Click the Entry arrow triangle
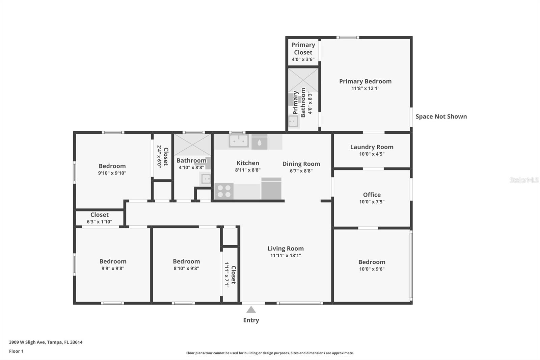pyautogui.click(x=251, y=310)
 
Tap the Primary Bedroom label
pyautogui.click(x=365, y=81)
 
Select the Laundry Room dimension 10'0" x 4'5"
pyautogui.click(x=372, y=154)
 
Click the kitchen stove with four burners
pyautogui.click(x=224, y=191)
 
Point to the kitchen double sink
pyautogui.click(x=239, y=141)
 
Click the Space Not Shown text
pyautogui.click(x=441, y=117)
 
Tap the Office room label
pyautogui.click(x=372, y=195)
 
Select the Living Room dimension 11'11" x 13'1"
pyautogui.click(x=286, y=256)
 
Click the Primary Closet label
pyautogui.click(x=303, y=49)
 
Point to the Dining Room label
pyautogui.click(x=301, y=164)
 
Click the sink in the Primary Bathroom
pyautogui.click(x=293, y=121)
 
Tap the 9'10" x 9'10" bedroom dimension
pyautogui.click(x=112, y=173)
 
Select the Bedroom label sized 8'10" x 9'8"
pyautogui.click(x=186, y=261)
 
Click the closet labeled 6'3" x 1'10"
pyautogui.click(x=100, y=218)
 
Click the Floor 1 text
pyautogui.click(x=16, y=351)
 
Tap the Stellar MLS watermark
pyautogui.click(x=524, y=180)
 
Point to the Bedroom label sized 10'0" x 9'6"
pyautogui.click(x=372, y=262)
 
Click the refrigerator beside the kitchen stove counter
pyautogui.click(x=271, y=189)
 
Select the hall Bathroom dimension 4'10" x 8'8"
pyautogui.click(x=191, y=168)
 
